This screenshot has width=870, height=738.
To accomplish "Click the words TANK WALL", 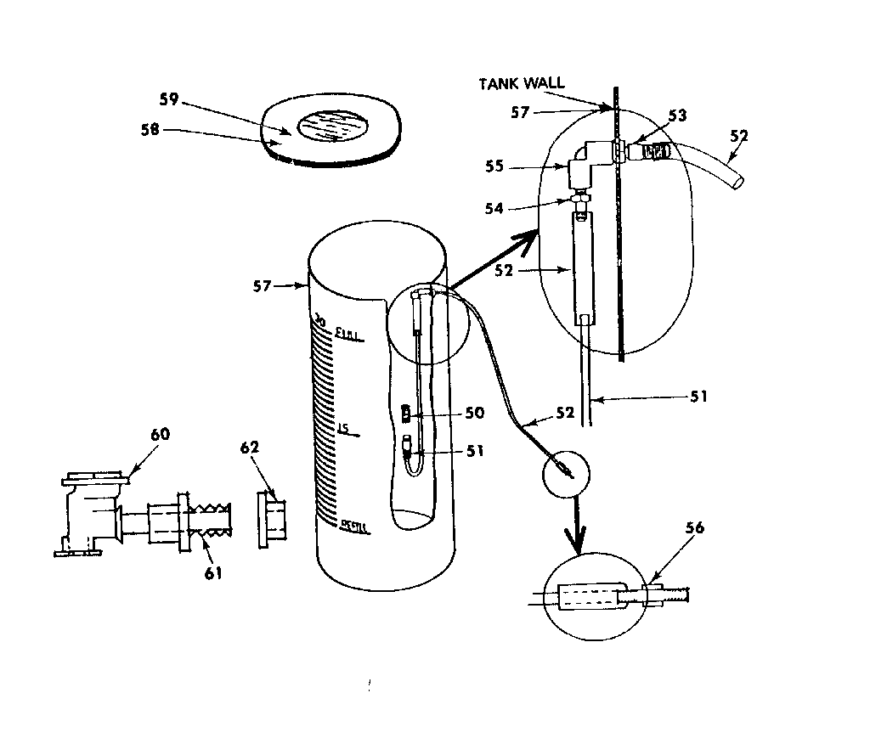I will tap(521, 83).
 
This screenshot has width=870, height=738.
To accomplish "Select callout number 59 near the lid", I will tap(169, 99).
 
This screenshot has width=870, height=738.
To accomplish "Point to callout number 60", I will tap(160, 435).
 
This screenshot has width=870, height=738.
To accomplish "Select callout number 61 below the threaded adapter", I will tap(212, 572).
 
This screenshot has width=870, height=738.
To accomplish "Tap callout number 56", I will tap(694, 527).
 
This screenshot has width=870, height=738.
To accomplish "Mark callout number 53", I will tap(677, 115).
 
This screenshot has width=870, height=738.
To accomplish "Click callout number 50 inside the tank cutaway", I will tap(474, 413).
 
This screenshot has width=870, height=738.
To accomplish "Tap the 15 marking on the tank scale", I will tap(344, 428).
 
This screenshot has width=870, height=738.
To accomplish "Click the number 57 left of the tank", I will tap(262, 286).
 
